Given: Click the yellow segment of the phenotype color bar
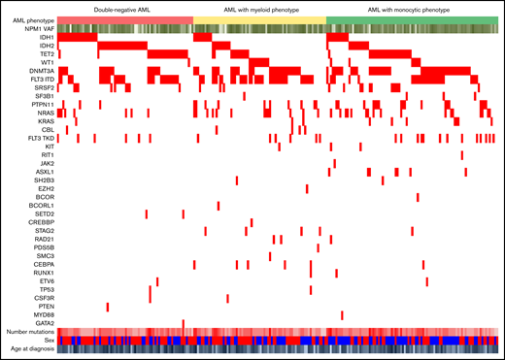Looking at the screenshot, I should click(x=260, y=20).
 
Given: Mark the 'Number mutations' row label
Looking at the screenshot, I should click(x=33, y=333).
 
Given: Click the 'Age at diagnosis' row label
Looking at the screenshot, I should click(x=34, y=349).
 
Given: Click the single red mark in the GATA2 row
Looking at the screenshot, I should click(x=184, y=323).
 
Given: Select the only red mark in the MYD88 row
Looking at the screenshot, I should click(x=343, y=314).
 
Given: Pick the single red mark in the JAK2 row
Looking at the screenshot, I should click(x=336, y=163).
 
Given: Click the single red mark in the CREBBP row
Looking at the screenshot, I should click(x=251, y=222).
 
